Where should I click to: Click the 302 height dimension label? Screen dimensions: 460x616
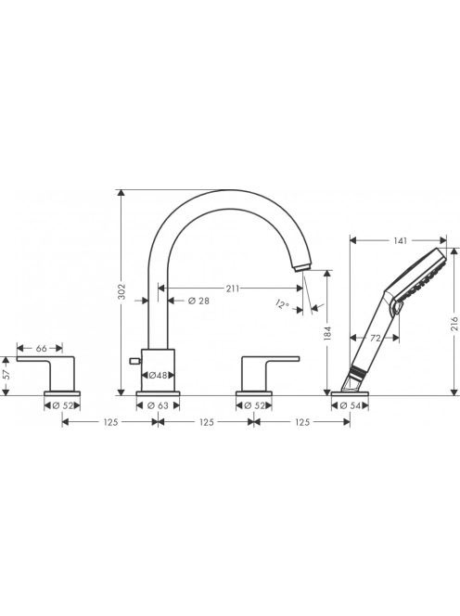(122, 291)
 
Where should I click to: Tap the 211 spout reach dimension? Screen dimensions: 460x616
(232, 289)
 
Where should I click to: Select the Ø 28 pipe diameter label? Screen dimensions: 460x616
(198, 301)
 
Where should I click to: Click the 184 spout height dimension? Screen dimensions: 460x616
(328, 334)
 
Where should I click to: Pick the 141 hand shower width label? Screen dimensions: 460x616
(400, 240)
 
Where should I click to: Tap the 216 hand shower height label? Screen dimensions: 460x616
(454, 324)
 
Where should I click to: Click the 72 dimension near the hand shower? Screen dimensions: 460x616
(376, 338)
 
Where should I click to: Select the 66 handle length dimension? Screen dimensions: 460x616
(41, 348)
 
